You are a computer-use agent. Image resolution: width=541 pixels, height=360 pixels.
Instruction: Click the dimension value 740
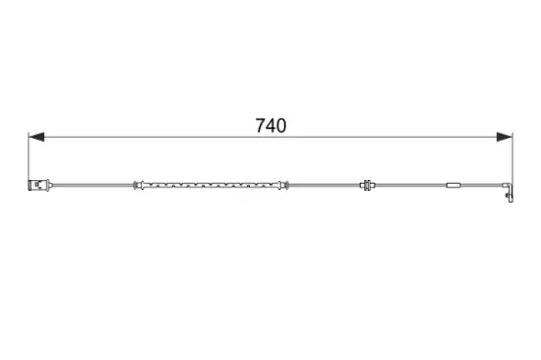[x=270, y=125]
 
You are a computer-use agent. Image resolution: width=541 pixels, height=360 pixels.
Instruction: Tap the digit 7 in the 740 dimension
[x=260, y=125]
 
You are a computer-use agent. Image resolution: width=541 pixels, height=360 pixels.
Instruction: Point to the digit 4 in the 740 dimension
[x=270, y=125]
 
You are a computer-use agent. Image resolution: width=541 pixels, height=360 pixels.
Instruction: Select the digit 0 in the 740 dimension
[x=281, y=125]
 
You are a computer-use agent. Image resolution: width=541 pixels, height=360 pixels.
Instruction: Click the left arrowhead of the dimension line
[x=36, y=137]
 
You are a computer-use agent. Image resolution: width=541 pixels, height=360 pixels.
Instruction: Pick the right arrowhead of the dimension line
[x=505, y=137]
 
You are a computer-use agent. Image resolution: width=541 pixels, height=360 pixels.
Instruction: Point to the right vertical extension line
[x=512, y=158]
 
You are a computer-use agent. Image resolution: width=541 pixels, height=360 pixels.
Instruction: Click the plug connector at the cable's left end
[x=39, y=185]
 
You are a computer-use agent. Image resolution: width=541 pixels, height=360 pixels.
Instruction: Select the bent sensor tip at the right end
[x=510, y=193]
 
